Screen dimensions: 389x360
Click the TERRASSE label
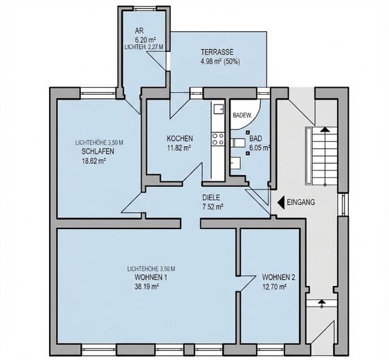click(x=217, y=52)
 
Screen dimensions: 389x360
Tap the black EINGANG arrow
click(x=281, y=202)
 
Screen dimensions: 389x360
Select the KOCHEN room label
click(x=179, y=138)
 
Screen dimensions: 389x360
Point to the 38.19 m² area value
click(x=147, y=287)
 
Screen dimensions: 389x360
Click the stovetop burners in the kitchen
click(x=218, y=139)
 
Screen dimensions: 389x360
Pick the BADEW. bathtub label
click(x=242, y=116)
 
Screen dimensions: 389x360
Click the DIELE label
click(x=211, y=198)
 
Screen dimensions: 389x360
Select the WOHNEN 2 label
click(x=279, y=277)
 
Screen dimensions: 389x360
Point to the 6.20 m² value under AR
click(x=145, y=39)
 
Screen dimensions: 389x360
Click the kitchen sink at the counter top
click(x=218, y=109)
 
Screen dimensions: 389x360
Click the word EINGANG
click(x=301, y=202)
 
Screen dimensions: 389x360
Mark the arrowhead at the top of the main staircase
click(x=325, y=129)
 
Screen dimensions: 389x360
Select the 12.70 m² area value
click(x=274, y=287)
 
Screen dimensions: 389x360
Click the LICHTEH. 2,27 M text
click(x=144, y=47)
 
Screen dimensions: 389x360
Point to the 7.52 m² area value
click(x=212, y=207)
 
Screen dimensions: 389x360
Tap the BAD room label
click(x=255, y=138)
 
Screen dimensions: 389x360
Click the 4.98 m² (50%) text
click(x=220, y=62)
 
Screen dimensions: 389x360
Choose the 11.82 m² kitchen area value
click(x=179, y=148)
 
